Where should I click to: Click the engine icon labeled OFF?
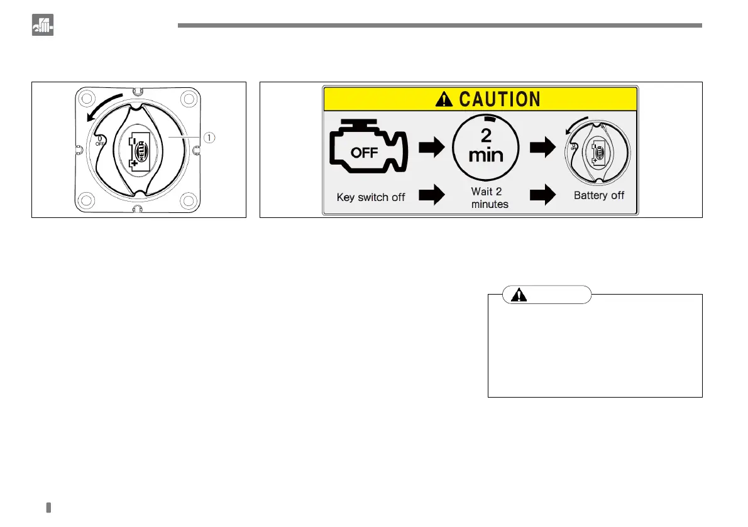click(365, 151)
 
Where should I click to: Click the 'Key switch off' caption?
click(371, 197)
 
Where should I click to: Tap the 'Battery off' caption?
click(599, 195)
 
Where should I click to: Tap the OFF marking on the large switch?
click(99, 142)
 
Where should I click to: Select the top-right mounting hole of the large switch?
click(188, 99)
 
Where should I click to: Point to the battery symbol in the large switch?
click(138, 151)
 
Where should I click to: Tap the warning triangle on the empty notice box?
click(519, 295)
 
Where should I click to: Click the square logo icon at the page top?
click(43, 24)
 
